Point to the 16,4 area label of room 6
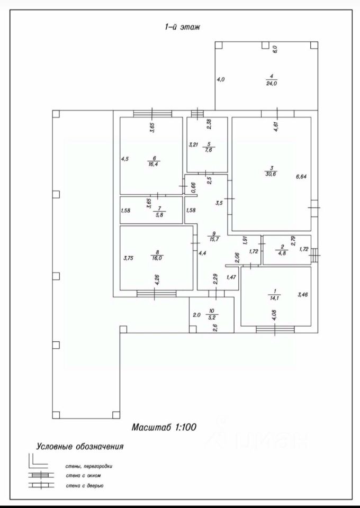pos(155,164)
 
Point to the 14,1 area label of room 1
pos(275,297)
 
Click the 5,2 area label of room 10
pos(213,318)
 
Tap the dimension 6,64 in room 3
pos(301,177)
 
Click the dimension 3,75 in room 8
pos(128,258)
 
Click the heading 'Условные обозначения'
pos(79,446)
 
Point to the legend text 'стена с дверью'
pos(85,485)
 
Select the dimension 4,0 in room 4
pos(221,79)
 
